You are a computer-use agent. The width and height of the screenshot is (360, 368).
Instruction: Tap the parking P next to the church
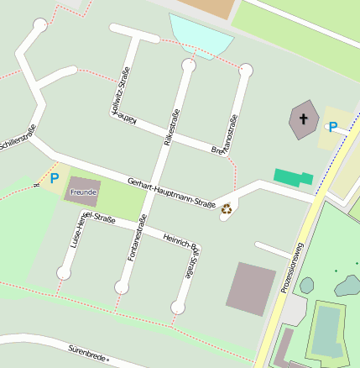point(333,127)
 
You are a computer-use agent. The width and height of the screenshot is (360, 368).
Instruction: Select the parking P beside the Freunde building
point(55,178)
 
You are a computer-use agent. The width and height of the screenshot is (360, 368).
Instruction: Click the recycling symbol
point(227,209)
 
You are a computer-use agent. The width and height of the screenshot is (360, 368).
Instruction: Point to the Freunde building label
point(84,192)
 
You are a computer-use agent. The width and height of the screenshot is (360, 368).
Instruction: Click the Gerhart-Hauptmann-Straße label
point(171,192)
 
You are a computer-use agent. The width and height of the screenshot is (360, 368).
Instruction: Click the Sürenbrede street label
point(81,351)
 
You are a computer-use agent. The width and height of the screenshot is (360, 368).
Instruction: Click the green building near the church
point(293,177)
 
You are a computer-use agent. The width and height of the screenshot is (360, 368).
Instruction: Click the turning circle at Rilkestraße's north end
point(188,65)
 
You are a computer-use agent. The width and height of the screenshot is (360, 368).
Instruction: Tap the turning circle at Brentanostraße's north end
point(246,70)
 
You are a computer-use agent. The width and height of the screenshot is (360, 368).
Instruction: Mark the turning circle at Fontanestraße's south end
point(122,287)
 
